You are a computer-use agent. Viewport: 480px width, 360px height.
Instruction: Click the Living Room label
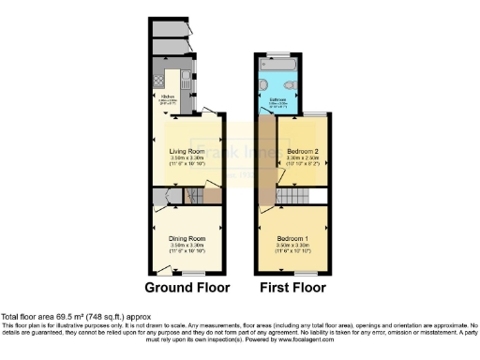186,150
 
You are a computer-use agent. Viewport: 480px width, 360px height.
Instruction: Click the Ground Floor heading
185,287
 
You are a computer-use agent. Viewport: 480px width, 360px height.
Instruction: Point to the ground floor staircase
199,196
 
